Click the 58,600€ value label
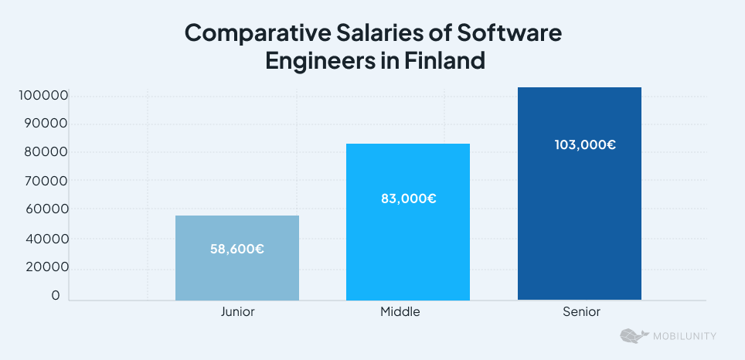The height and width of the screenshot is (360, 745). [237, 249]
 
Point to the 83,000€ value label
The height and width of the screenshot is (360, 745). [408, 199]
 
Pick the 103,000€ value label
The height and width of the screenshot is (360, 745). [585, 144]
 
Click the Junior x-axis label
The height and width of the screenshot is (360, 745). [237, 312]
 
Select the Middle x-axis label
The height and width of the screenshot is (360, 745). [400, 312]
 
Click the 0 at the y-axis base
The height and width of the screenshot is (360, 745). [56, 296]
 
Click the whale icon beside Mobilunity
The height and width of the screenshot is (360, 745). [632, 336]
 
